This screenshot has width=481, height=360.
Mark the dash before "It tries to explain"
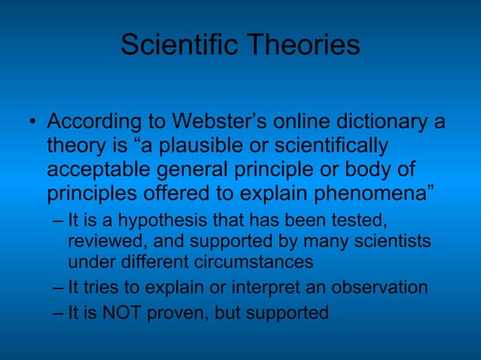(60, 288)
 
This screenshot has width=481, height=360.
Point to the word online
(298, 121)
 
